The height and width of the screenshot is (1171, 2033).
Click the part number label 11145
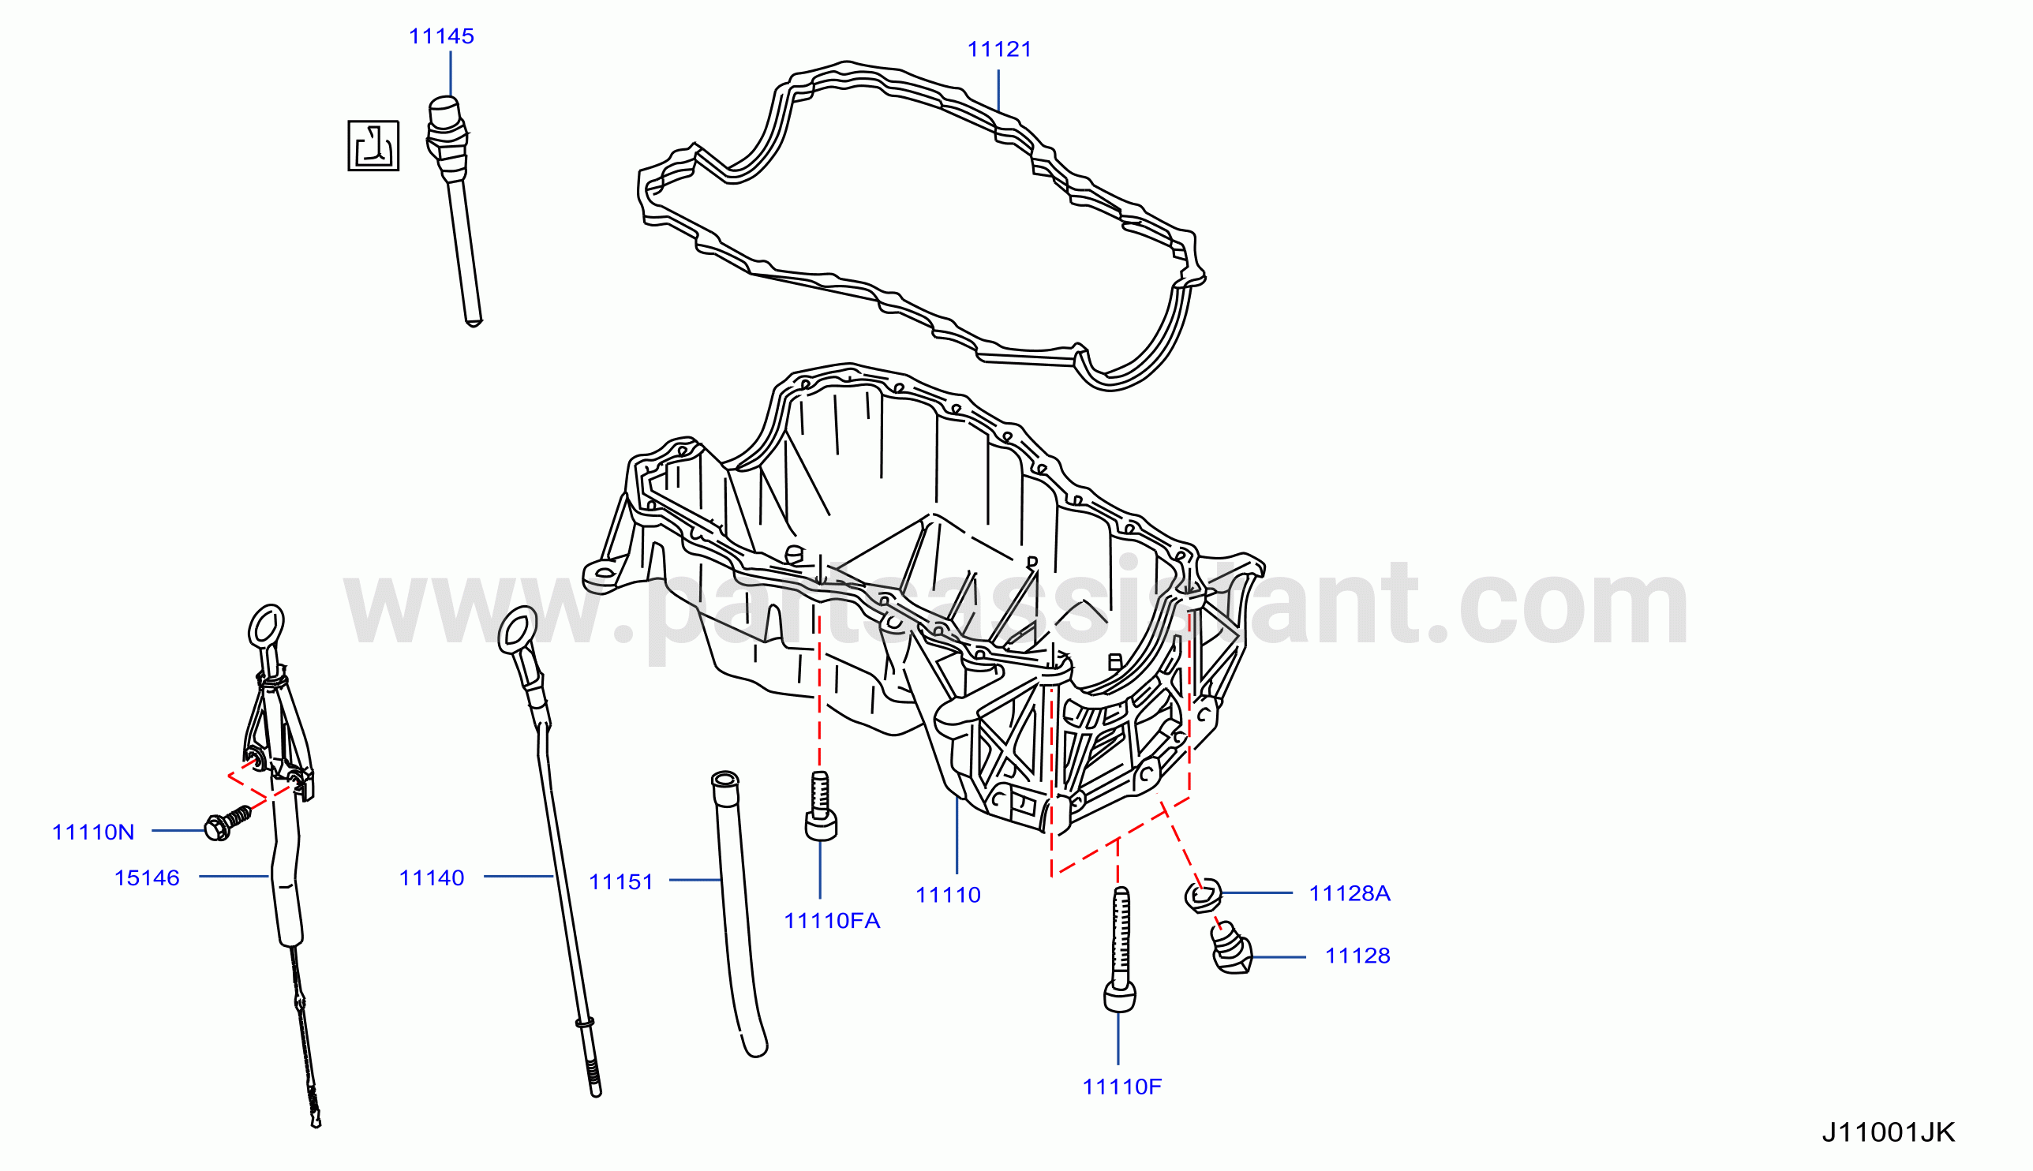(x=441, y=36)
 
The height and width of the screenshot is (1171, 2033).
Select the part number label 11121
(x=999, y=50)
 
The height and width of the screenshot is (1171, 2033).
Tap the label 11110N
(x=93, y=832)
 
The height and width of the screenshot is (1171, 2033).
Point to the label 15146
(x=147, y=878)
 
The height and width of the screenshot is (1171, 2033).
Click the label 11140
(x=432, y=878)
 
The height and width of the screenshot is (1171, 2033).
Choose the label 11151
(x=621, y=882)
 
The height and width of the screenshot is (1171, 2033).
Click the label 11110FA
(x=833, y=921)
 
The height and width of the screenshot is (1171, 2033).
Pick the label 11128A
(x=1350, y=893)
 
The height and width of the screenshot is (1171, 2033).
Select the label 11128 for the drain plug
(x=1357, y=956)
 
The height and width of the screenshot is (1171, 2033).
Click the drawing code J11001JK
(x=1889, y=1132)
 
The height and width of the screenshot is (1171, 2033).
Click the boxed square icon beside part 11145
(x=373, y=145)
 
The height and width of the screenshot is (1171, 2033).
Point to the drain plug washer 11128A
(x=1203, y=895)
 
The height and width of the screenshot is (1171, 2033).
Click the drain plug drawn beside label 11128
(x=1231, y=949)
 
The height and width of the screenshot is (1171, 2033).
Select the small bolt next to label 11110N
(x=227, y=824)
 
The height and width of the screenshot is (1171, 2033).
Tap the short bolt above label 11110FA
(x=820, y=806)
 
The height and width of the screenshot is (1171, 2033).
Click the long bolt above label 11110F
(x=1119, y=948)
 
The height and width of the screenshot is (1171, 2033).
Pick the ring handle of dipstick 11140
(x=518, y=630)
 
